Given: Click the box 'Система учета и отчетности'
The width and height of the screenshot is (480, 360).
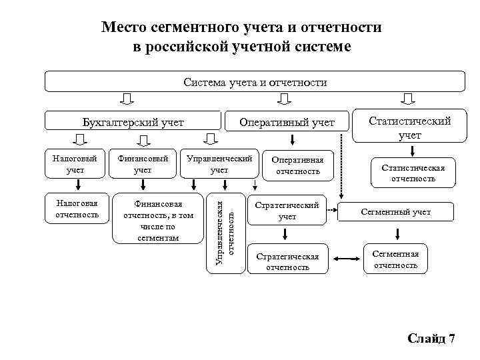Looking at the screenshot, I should click(x=255, y=83).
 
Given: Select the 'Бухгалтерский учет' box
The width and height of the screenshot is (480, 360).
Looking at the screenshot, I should click(x=133, y=122).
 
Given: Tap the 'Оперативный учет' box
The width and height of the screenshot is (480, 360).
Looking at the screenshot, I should click(x=287, y=122).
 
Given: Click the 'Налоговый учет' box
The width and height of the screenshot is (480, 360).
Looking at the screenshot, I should click(x=75, y=165).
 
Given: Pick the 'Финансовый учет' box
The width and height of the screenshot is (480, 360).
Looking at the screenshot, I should click(x=143, y=165).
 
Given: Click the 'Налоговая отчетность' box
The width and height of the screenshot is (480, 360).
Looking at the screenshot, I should click(x=75, y=208).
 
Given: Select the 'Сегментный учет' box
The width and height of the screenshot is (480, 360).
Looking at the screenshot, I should click(x=396, y=212).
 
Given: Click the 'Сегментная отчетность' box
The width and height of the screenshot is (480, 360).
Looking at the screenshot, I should click(x=396, y=259).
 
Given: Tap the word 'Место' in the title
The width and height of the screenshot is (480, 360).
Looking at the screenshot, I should click(x=123, y=28).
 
